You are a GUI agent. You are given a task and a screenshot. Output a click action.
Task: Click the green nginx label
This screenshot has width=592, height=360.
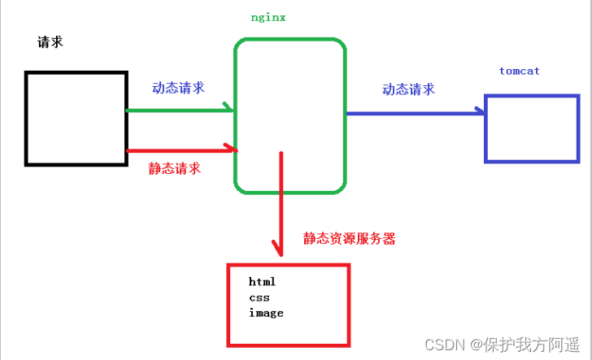(x=268, y=16)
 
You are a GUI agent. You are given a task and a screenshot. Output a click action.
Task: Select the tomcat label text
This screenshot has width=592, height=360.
(x=519, y=72)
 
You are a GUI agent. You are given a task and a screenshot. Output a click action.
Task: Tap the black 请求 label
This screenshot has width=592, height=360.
(x=50, y=42)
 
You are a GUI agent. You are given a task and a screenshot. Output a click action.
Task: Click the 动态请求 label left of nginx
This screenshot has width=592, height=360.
(x=177, y=88)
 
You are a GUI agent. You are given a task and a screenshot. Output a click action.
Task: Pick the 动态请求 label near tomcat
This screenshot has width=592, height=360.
(x=408, y=89)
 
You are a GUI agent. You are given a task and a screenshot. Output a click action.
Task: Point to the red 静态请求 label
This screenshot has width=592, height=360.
(x=174, y=168)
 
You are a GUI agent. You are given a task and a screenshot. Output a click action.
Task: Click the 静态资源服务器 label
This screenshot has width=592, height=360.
(x=350, y=239)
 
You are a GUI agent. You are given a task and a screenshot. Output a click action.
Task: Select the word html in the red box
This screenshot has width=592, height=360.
(x=263, y=282)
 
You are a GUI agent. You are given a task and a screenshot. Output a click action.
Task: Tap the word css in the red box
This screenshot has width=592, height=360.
(x=259, y=297)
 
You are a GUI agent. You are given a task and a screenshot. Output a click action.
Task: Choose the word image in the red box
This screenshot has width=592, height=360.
(x=267, y=313)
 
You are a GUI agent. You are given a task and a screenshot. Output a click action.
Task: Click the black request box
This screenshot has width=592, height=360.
(x=76, y=119)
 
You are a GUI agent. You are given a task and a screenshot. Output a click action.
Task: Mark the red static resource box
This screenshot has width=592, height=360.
(x=288, y=303)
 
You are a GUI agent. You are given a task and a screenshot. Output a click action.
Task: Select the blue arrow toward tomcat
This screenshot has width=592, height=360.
(x=415, y=113)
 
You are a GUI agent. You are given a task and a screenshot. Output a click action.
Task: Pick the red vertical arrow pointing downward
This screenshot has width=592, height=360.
(x=281, y=203)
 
